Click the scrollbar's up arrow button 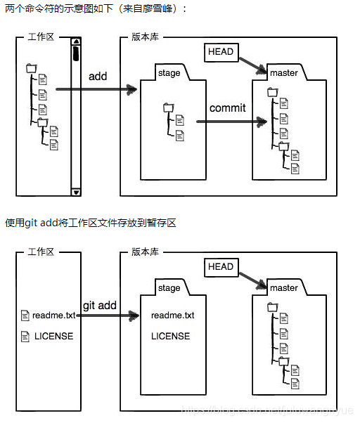coord(76,41)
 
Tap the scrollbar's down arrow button coord(76,191)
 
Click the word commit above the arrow coord(227,108)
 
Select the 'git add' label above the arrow coord(99,306)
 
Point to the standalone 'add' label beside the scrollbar coord(98,76)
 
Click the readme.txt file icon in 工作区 coord(25,316)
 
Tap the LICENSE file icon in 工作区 coord(25,336)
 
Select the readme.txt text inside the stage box coord(172,315)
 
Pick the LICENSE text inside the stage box coord(170,336)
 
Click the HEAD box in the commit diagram coord(220,51)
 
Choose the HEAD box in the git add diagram coord(220,266)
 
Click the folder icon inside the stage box coord(168,108)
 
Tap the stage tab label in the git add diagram coord(169,288)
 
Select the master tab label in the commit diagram coord(283,73)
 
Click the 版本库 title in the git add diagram coord(145,252)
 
